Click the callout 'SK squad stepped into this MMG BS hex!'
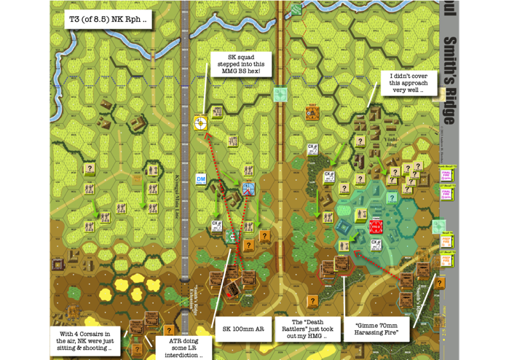tap(241, 64)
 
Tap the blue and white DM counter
tap(201, 179)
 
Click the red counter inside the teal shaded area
tap(376, 226)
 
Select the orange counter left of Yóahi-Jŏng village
tap(312, 113)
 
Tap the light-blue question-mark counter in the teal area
tap(392, 197)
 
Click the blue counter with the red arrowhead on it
tap(249, 189)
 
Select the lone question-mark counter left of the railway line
tap(90, 169)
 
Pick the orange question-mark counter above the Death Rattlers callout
tap(312, 301)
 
